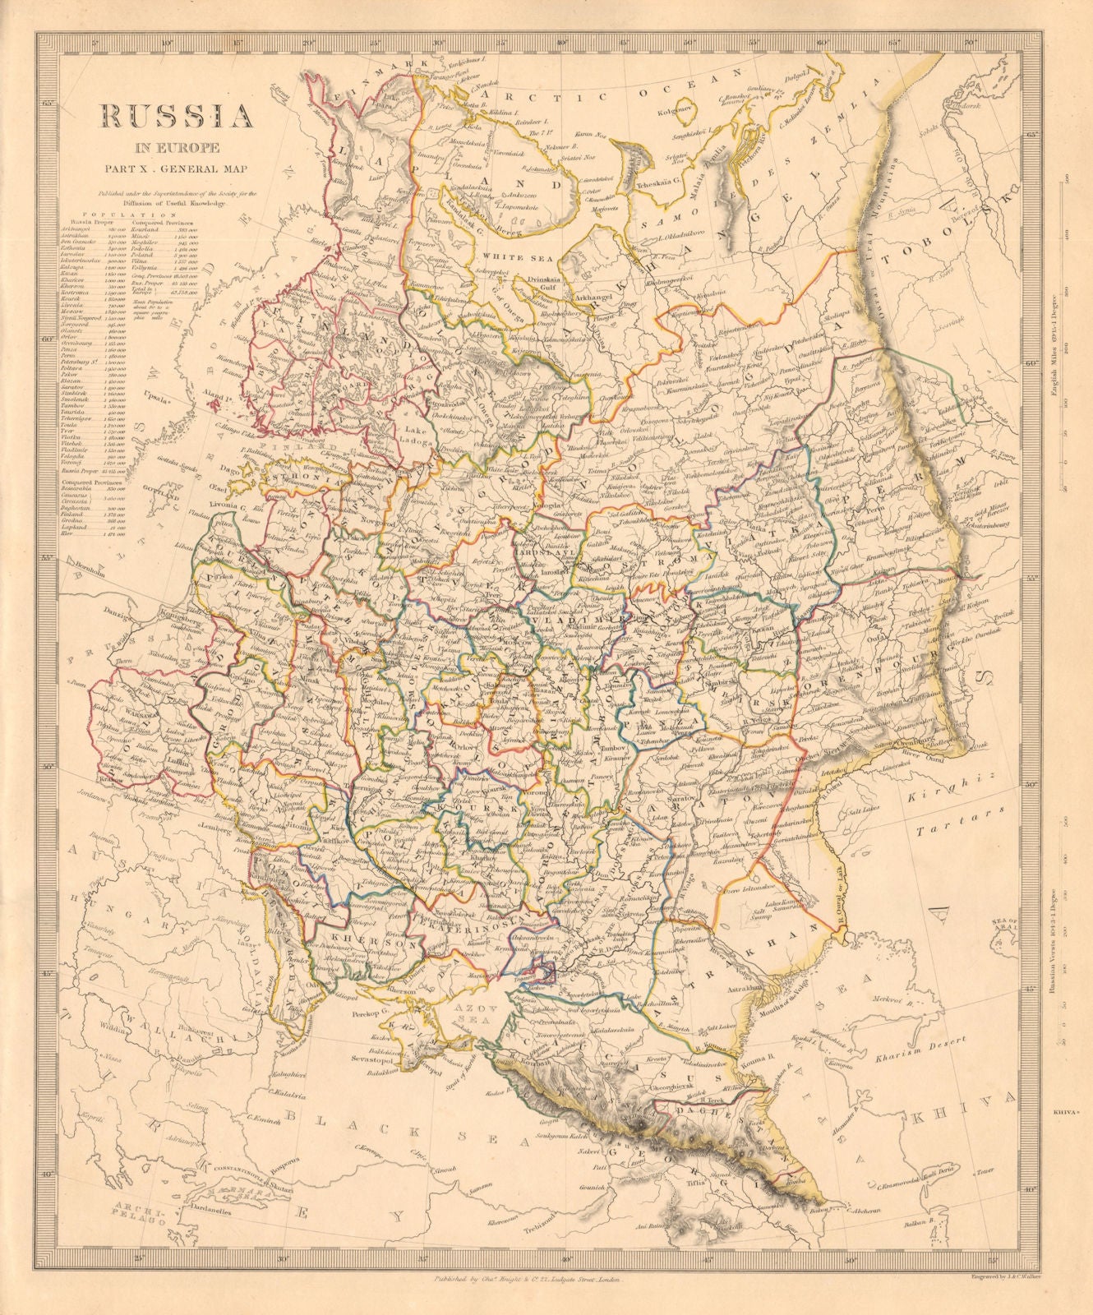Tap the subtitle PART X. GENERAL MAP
coord(176,170)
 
